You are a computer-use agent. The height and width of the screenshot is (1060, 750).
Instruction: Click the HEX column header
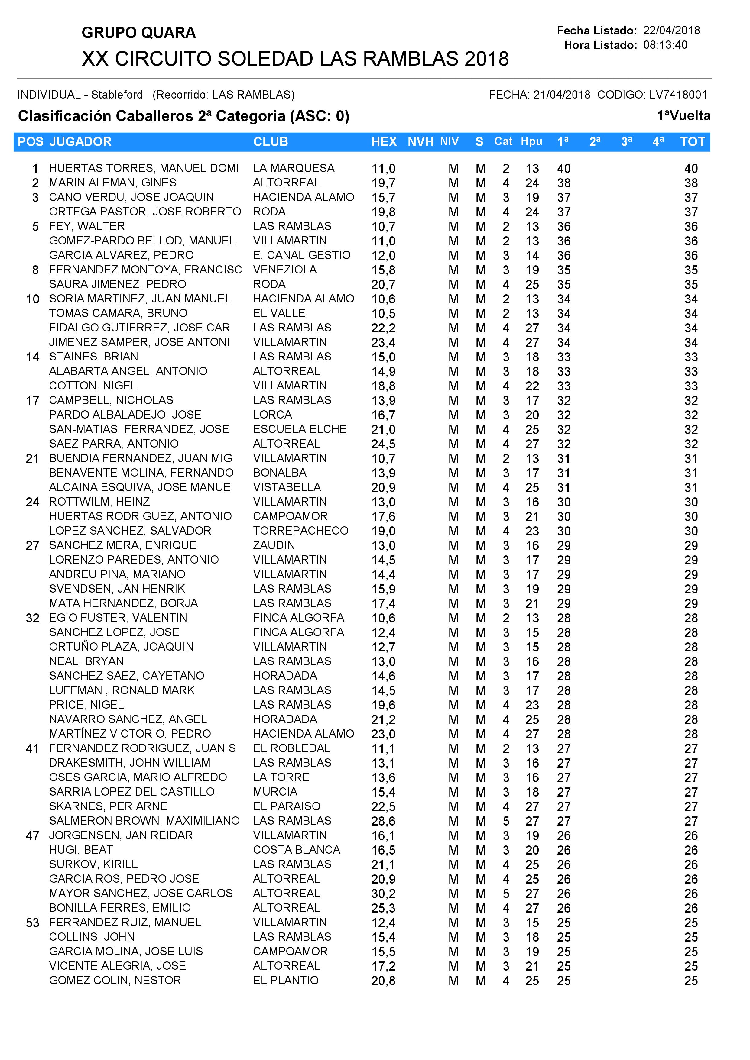pos(384,142)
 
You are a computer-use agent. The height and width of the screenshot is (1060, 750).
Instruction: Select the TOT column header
pos(692,142)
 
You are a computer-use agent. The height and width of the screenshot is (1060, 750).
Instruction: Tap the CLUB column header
pos(270,142)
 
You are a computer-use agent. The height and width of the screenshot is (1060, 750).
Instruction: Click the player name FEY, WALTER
pos(87,226)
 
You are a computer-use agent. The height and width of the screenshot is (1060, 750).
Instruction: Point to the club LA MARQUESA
pos(293,168)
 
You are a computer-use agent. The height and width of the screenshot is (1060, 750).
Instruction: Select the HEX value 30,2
pos(383,894)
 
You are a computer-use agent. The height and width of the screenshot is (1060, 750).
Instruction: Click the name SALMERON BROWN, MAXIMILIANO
pos(144,821)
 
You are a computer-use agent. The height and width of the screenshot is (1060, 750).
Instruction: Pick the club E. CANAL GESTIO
pos(302,255)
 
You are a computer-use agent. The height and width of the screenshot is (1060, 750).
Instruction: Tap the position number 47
pos(32,835)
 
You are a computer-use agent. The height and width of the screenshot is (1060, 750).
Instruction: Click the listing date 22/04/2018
pos(671,31)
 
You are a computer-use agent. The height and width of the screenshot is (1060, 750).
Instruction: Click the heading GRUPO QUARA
pos(138,33)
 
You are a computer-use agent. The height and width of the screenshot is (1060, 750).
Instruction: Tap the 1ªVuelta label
pos(683,115)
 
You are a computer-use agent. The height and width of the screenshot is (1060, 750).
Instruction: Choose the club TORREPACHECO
pos(301,531)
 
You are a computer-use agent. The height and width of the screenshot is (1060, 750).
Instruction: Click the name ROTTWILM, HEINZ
pos(99,502)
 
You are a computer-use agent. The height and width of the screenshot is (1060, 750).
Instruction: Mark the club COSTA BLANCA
pos(297,850)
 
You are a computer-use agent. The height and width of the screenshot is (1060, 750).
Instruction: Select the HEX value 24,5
pos(383,444)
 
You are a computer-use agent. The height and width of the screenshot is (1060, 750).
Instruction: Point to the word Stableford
pos(117,95)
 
